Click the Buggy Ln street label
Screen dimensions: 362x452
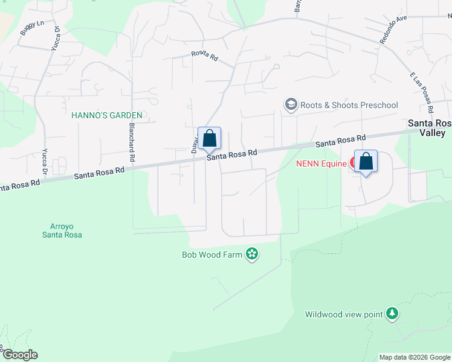coord(33,28)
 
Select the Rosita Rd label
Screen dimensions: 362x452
coord(204,54)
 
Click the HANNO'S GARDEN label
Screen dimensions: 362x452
coord(106,115)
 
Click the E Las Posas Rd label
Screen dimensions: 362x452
coord(422,91)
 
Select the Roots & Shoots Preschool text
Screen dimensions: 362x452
coord(350,105)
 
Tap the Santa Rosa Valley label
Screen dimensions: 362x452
coord(429,127)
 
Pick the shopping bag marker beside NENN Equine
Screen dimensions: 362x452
coord(366,162)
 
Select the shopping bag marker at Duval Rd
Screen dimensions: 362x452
coord(209,139)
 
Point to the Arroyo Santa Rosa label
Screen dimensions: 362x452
coord(66,230)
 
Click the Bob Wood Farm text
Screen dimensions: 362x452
coord(212,255)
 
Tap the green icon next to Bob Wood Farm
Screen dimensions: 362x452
coord(252,255)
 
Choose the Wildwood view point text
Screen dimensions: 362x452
coord(344,314)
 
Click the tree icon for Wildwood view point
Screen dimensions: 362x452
coord(393,314)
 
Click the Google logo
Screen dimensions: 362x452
coord(19,355)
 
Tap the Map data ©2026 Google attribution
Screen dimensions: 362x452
coord(415,357)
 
